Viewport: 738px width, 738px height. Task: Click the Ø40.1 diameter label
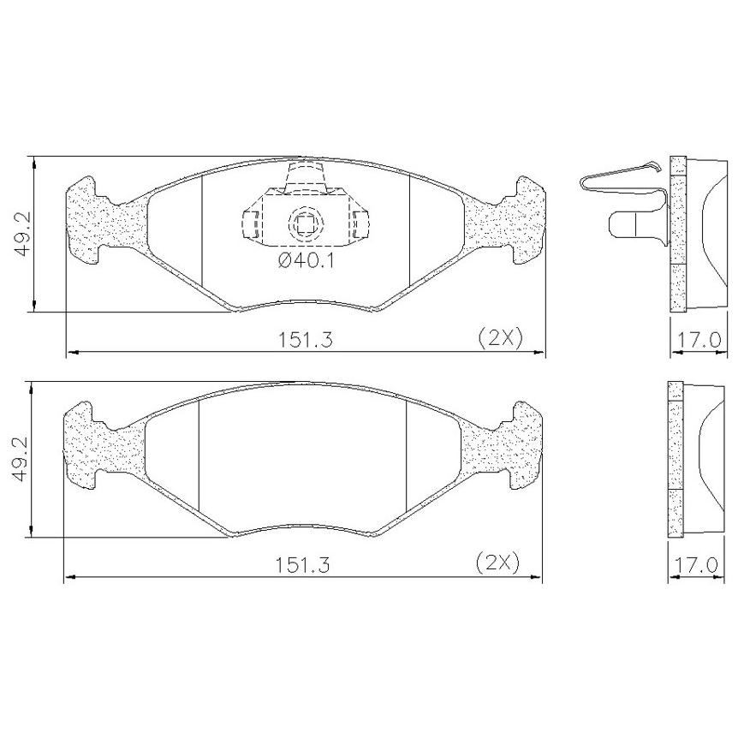click(x=306, y=260)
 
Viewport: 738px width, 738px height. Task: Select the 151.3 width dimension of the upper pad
click(x=306, y=339)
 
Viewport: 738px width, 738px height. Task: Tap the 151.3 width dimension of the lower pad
click(x=302, y=565)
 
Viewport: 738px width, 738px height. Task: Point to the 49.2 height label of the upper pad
click(x=23, y=234)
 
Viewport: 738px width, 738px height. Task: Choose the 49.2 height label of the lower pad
click(x=21, y=459)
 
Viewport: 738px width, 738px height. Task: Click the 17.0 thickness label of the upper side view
click(x=699, y=339)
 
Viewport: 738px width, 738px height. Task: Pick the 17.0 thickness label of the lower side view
click(x=697, y=565)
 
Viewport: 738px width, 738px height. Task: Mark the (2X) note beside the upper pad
click(x=500, y=338)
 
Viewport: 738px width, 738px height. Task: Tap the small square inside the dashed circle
click(x=305, y=223)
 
